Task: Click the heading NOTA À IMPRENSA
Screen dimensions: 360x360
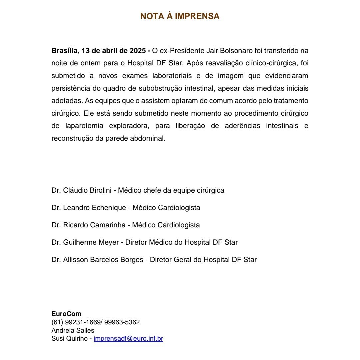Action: (180, 16)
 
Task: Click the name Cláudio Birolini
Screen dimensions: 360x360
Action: (83, 190)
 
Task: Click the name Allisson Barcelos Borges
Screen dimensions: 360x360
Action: (103, 260)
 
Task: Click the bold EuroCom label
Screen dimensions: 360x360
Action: (66, 314)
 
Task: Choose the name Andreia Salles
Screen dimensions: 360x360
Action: (73, 330)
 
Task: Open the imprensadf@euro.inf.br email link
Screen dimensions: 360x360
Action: (128, 339)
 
